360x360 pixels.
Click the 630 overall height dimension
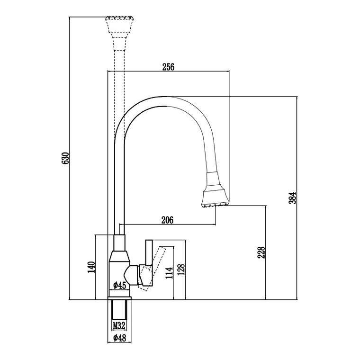click(x=65, y=158)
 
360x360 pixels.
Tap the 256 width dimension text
click(x=168, y=67)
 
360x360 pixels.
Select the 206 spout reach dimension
click(x=167, y=220)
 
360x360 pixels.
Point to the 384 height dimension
click(x=293, y=198)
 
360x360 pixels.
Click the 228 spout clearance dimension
click(x=261, y=252)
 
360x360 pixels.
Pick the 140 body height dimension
click(x=91, y=267)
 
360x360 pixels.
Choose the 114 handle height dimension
click(x=169, y=273)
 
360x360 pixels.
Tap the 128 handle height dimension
click(x=181, y=270)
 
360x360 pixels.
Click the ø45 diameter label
click(x=120, y=285)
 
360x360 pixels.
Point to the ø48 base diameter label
click(x=120, y=338)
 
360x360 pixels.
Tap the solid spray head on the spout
click(x=215, y=189)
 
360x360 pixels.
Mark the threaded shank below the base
click(x=119, y=309)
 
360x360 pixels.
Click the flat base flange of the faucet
click(x=119, y=298)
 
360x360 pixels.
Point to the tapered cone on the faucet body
click(x=119, y=256)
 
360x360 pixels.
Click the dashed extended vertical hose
click(x=119, y=94)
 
